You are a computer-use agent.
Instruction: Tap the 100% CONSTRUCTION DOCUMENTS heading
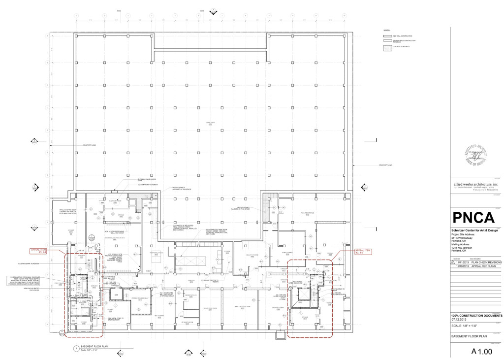[476, 315]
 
